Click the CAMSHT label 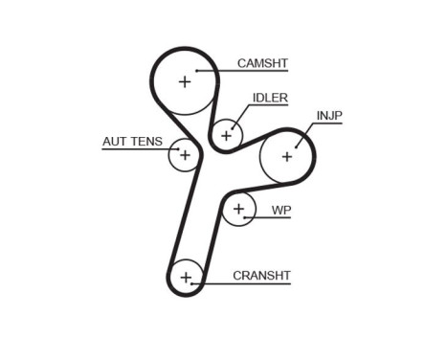[x=262, y=63]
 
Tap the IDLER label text [x=270, y=98]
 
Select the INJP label [x=329, y=116]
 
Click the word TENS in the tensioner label [x=145, y=143]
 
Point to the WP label [x=280, y=210]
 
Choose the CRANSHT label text [x=261, y=276]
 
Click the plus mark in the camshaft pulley [x=185, y=81]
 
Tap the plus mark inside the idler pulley [x=227, y=135]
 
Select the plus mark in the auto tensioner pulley [x=185, y=154]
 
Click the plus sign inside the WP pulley [x=238, y=208]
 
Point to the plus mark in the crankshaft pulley [x=187, y=279]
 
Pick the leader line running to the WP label [x=263, y=218]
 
